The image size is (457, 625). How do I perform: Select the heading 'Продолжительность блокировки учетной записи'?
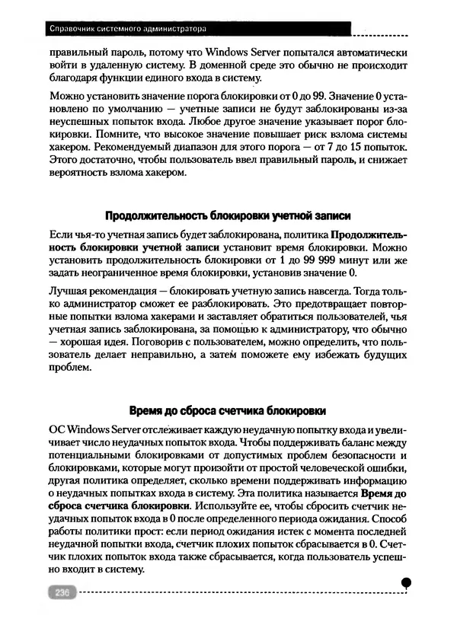[228, 215]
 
